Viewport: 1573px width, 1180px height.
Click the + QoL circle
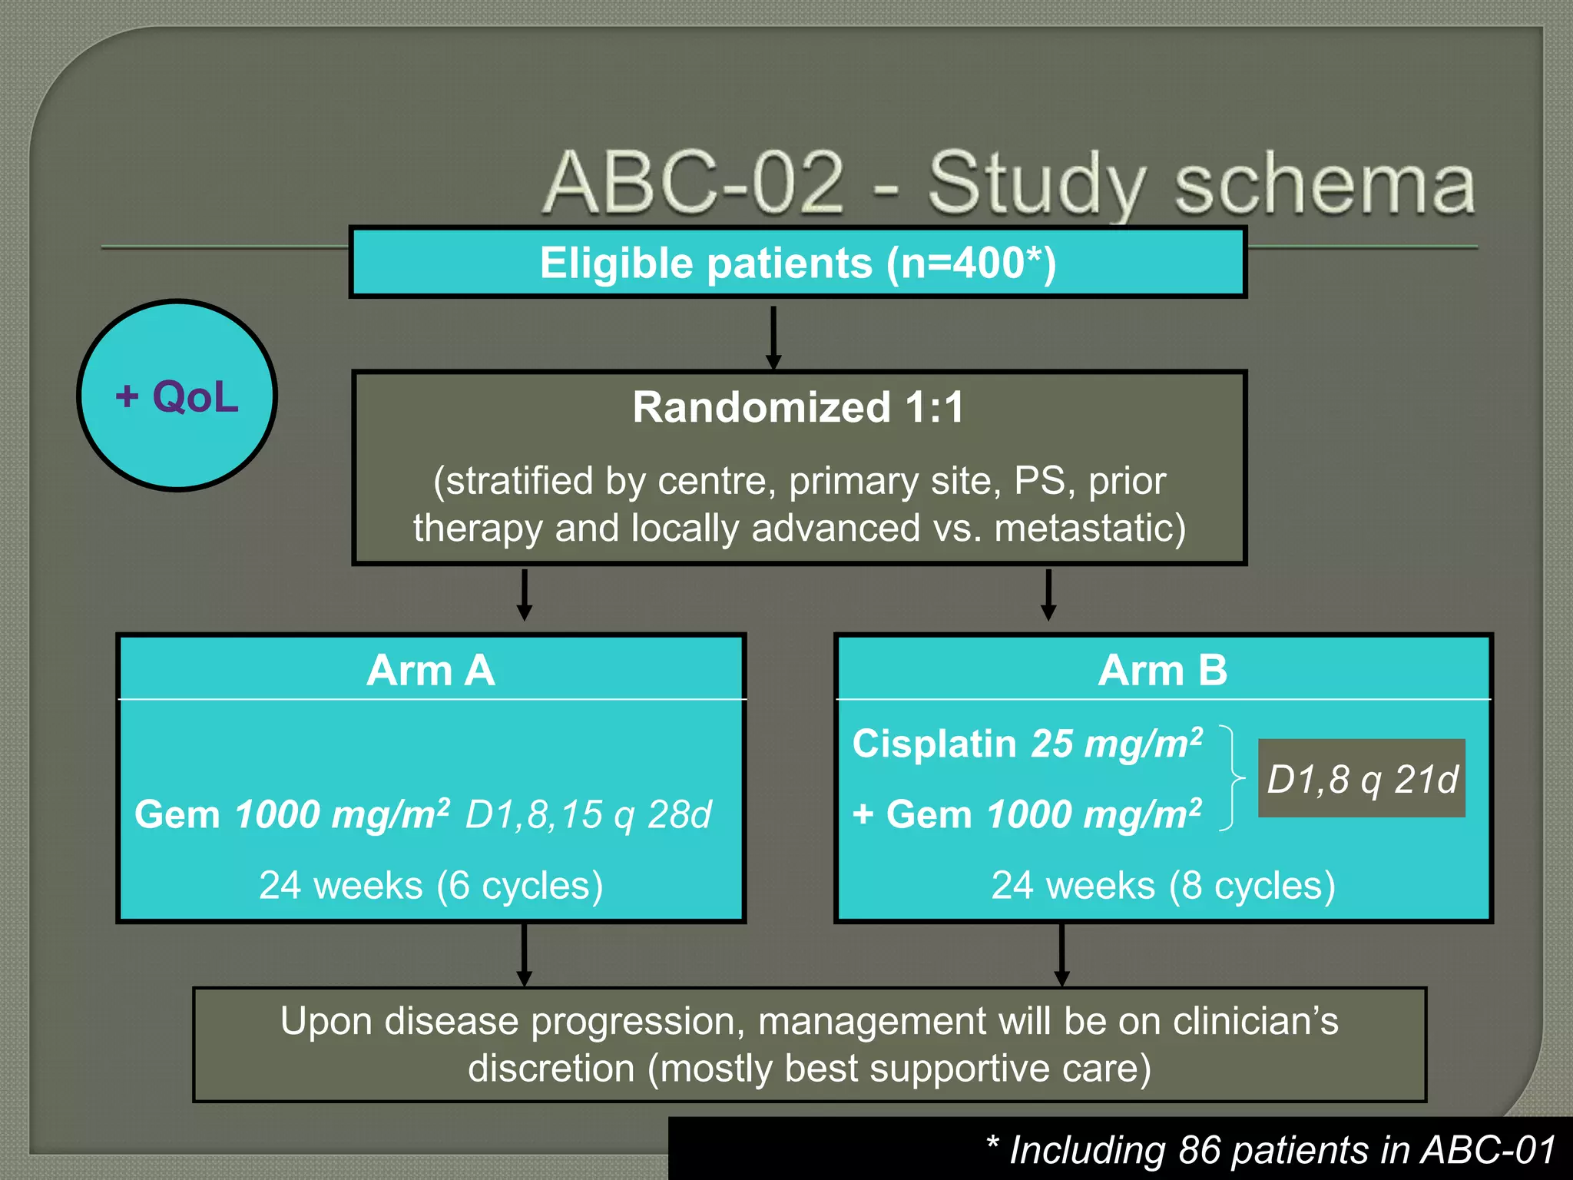177,396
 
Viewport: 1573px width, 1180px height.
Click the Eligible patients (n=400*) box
797,263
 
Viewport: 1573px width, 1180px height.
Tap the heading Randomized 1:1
797,407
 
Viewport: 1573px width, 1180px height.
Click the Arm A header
431,670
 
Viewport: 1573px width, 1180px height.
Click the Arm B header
1162,670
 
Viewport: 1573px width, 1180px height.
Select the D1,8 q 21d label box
1361,778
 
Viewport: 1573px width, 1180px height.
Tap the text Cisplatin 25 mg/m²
1027,744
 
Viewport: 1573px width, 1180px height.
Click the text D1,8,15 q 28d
588,814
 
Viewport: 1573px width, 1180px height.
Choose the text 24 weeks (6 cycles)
431,885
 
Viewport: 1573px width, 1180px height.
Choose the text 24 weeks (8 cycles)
1163,885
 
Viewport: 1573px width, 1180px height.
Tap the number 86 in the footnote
1200,1150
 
